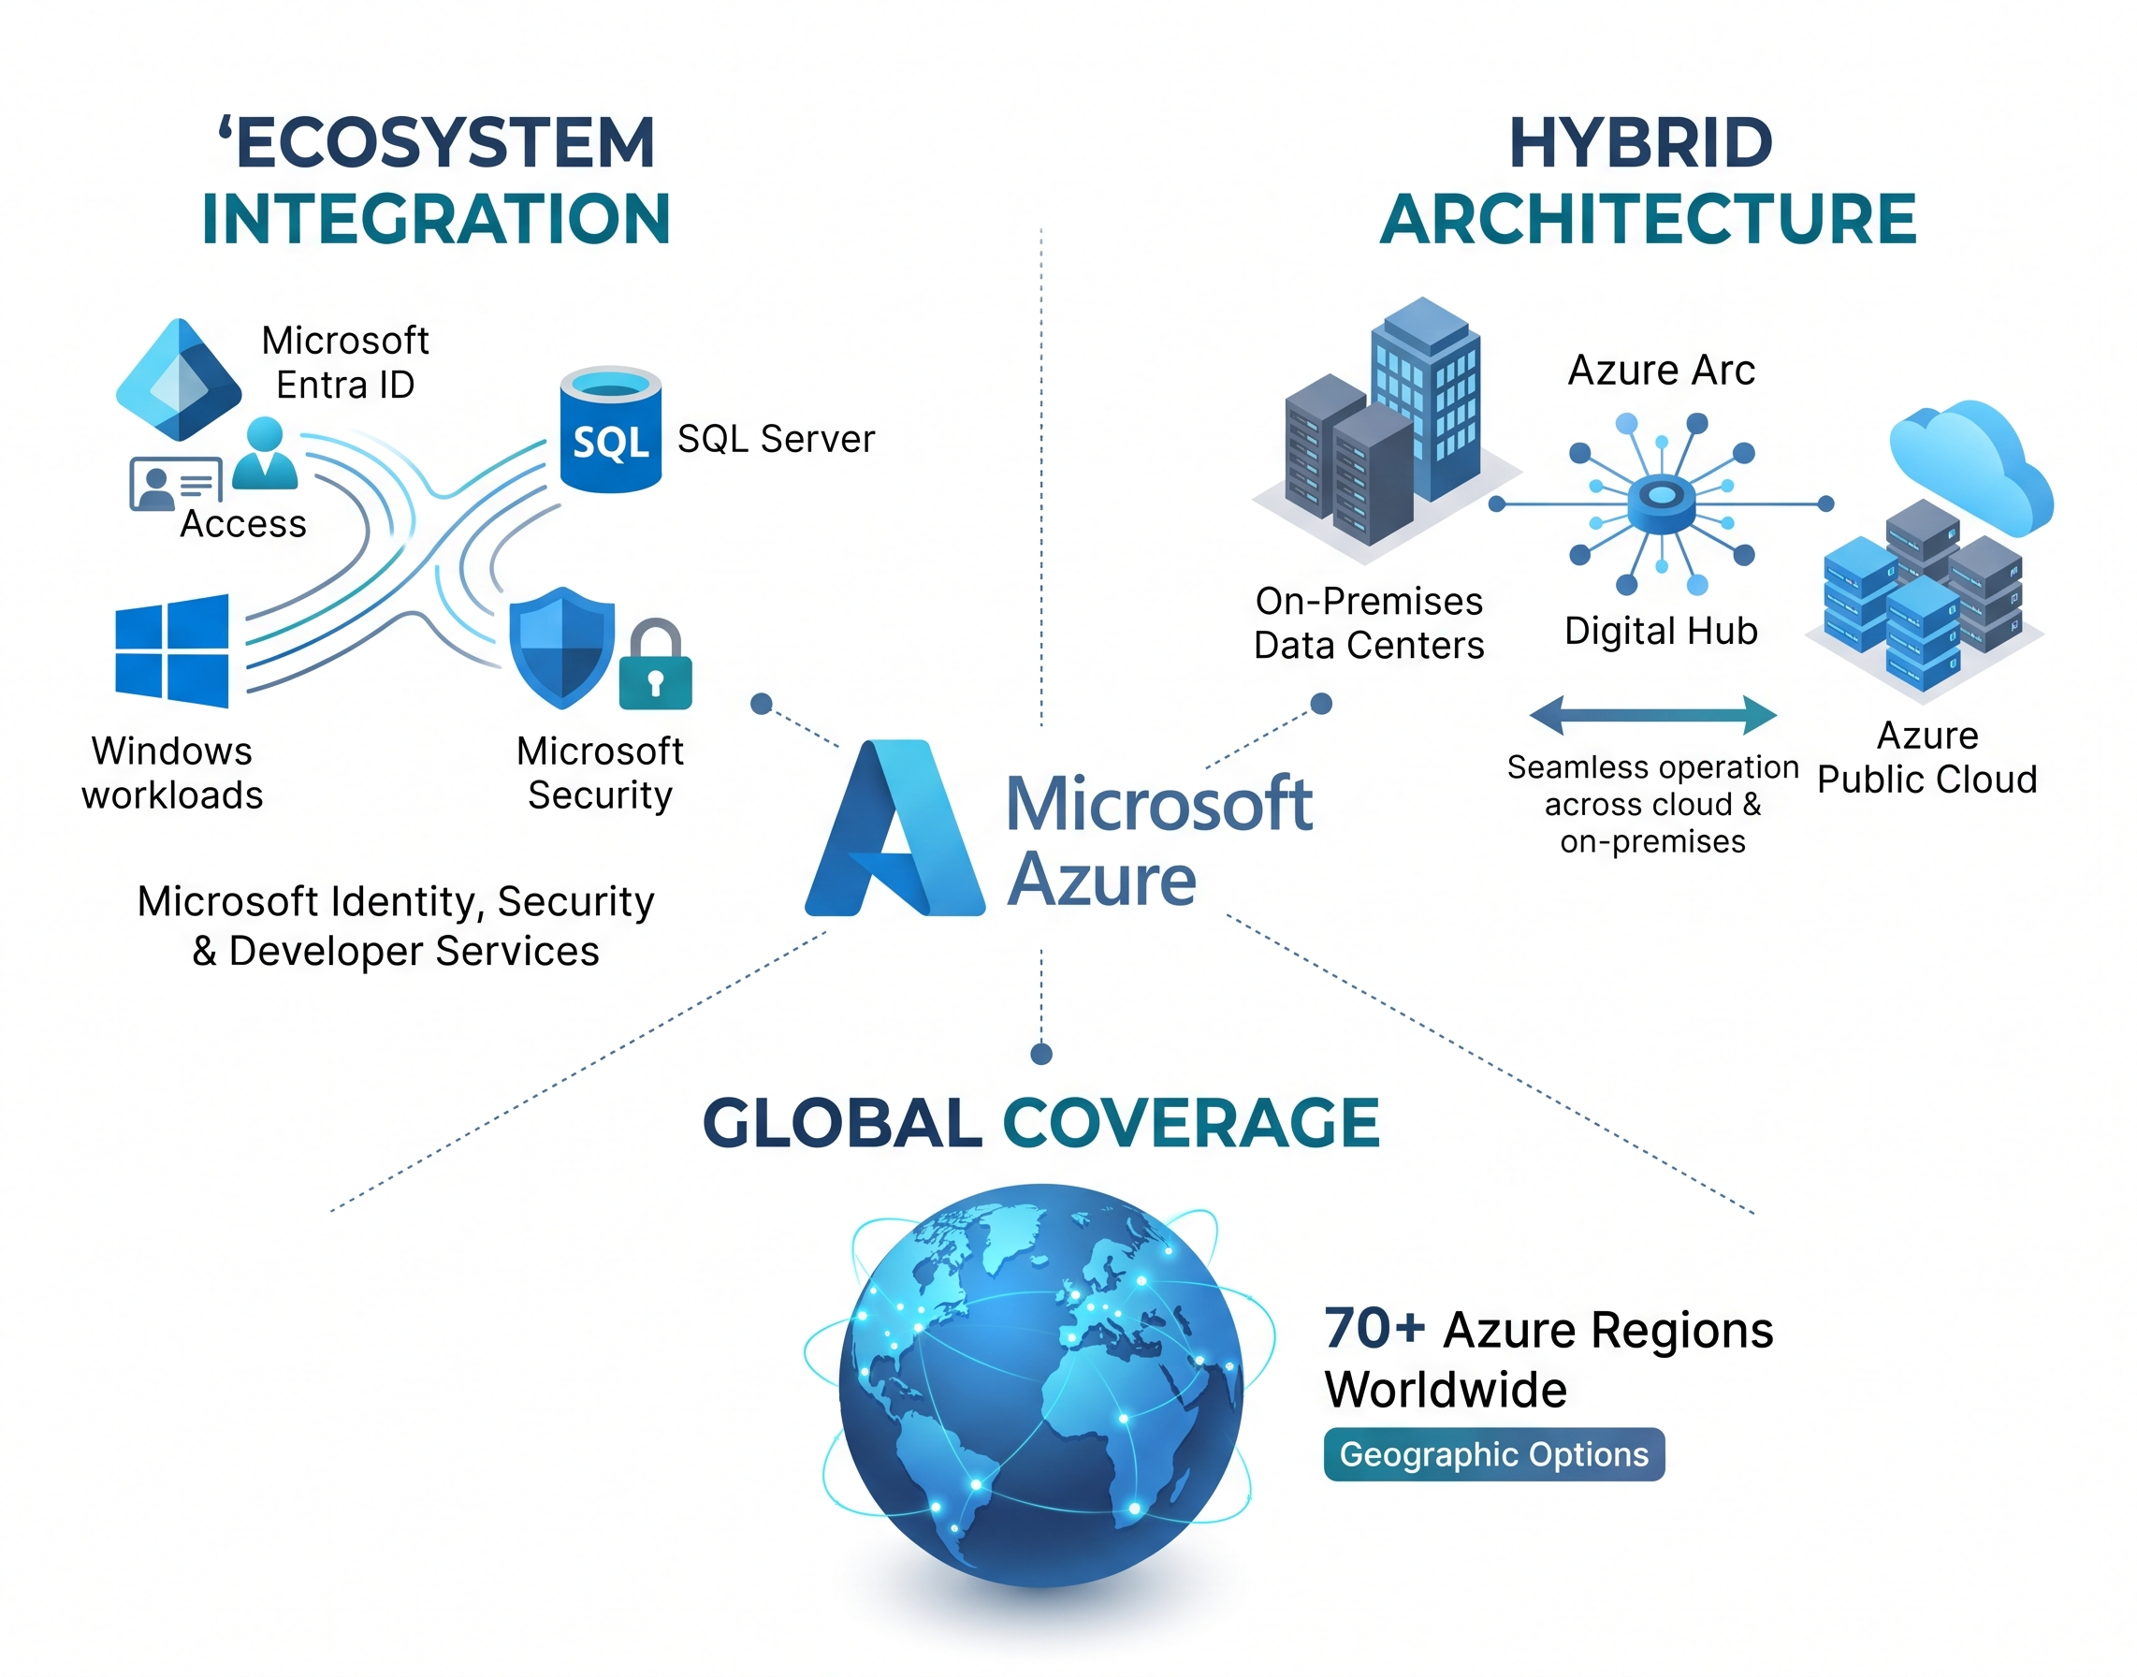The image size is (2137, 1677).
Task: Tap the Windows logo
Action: tap(172, 651)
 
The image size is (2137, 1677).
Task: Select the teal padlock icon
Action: tap(656, 664)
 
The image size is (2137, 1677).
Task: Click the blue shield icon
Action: tap(561, 648)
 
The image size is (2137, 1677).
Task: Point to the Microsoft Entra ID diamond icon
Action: tap(179, 379)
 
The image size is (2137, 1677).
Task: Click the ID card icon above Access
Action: tap(176, 485)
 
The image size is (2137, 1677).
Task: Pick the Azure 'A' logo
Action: tap(894, 827)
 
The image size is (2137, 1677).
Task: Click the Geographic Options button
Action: tap(1493, 1454)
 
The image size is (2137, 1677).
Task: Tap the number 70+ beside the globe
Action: tap(1374, 1329)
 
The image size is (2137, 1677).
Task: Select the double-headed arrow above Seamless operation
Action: tap(1652, 715)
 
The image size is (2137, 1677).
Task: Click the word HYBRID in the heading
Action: tap(1640, 143)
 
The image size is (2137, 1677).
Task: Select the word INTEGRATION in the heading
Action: tap(436, 219)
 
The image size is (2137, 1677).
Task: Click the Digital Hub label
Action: tap(1660, 631)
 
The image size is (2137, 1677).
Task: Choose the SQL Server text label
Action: tap(776, 439)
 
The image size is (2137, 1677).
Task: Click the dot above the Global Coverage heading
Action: tap(1041, 1054)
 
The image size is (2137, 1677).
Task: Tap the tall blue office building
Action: tap(1425, 398)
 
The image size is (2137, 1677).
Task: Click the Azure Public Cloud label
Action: tap(1926, 757)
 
